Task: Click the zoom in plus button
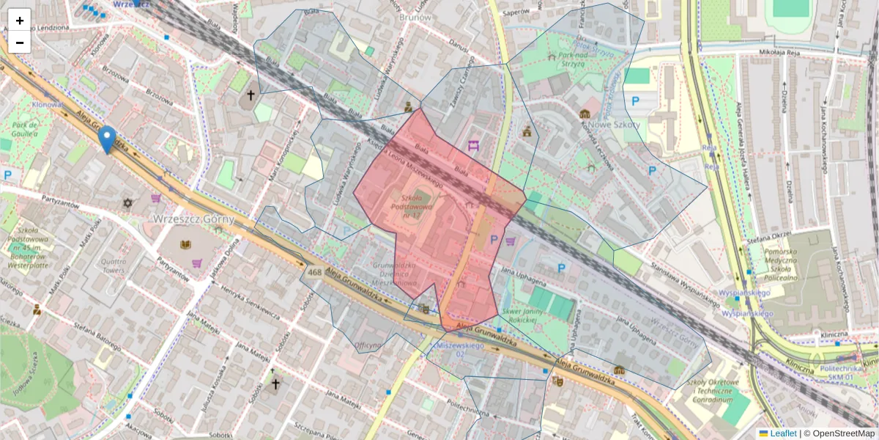coord(19,20)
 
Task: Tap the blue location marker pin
coord(107,139)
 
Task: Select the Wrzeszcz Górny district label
coord(193,219)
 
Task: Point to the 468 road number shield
coord(314,273)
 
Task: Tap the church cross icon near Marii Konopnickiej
coord(251,95)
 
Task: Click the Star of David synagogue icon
coord(127,202)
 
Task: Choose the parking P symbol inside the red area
coord(494,239)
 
